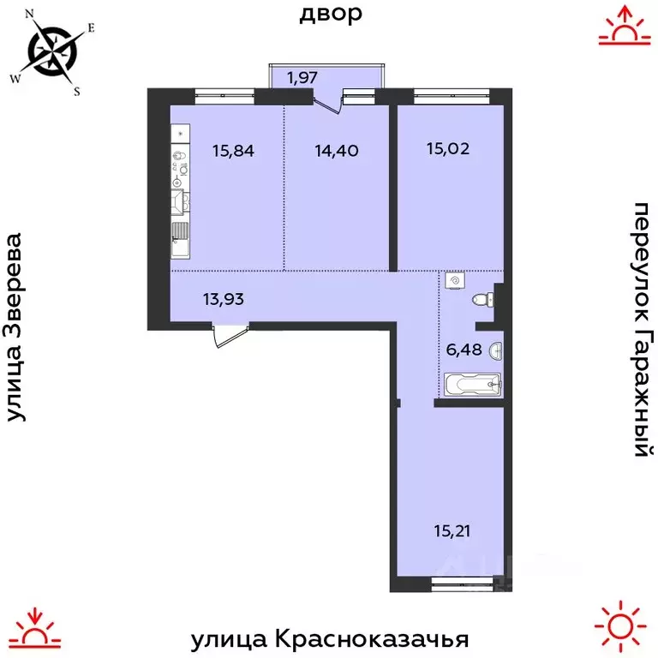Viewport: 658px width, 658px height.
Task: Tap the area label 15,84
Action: coord(234,151)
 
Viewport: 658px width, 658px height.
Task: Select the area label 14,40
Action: coord(336,151)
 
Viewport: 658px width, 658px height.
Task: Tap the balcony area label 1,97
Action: coord(302,78)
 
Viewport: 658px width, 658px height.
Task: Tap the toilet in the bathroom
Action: coord(482,299)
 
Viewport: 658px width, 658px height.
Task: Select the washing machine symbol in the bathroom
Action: coord(455,280)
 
